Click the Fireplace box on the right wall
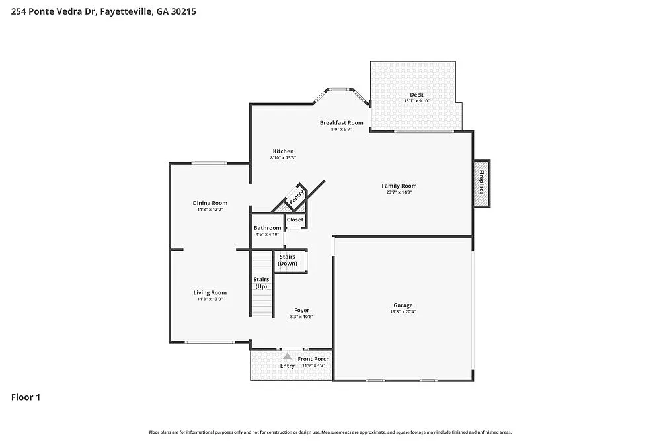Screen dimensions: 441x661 pyautogui.click(x=481, y=183)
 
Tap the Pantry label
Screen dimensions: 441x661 pyautogui.click(x=295, y=196)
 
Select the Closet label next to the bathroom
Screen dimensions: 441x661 pyautogui.click(x=295, y=220)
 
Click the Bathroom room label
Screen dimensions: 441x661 pyautogui.click(x=267, y=228)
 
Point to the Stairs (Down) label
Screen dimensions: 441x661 pyautogui.click(x=287, y=260)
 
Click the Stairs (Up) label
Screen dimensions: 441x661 pyautogui.click(x=261, y=283)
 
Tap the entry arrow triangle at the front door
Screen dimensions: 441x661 pyautogui.click(x=288, y=356)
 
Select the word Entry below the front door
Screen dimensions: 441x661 pyautogui.click(x=288, y=366)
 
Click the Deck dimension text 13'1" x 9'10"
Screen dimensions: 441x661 pyautogui.click(x=416, y=101)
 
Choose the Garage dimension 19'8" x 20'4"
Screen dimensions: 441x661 pyautogui.click(x=403, y=311)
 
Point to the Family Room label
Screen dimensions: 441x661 pyautogui.click(x=399, y=186)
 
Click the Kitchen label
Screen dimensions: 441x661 pyautogui.click(x=283, y=151)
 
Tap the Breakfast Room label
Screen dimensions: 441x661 pyautogui.click(x=341, y=122)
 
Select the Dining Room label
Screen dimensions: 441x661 pyautogui.click(x=210, y=203)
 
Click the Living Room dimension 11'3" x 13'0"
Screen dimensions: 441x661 pyautogui.click(x=210, y=299)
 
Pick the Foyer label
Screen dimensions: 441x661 pyautogui.click(x=301, y=310)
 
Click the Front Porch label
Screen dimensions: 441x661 pyautogui.click(x=313, y=359)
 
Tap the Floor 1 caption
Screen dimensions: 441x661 pyautogui.click(x=26, y=397)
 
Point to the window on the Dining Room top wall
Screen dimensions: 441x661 pyautogui.click(x=209, y=163)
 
